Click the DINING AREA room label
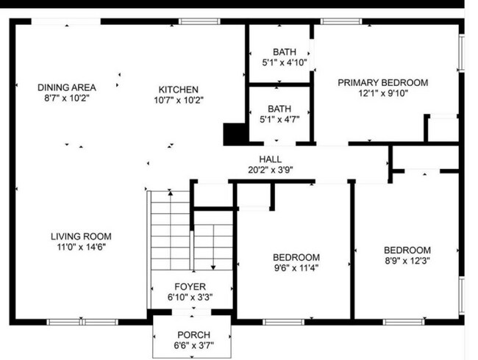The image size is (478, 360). (66, 87)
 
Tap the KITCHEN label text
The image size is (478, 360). (179, 87)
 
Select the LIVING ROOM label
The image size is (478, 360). (81, 236)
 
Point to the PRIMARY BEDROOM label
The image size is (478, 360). (382, 82)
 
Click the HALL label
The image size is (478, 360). (270, 159)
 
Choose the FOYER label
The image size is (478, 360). (190, 287)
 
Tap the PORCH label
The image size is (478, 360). (193, 335)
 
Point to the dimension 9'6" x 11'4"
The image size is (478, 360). (296, 268)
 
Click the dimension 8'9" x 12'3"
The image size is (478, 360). (407, 261)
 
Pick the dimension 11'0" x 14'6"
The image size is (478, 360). (81, 248)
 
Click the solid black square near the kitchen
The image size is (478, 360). (234, 134)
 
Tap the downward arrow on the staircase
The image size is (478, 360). (213, 267)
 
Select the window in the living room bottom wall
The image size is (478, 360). (82, 321)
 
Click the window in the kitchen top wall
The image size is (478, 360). (199, 21)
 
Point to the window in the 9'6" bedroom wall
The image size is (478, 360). (283, 321)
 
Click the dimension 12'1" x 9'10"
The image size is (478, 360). (382, 93)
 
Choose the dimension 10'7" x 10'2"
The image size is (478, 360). (179, 99)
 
